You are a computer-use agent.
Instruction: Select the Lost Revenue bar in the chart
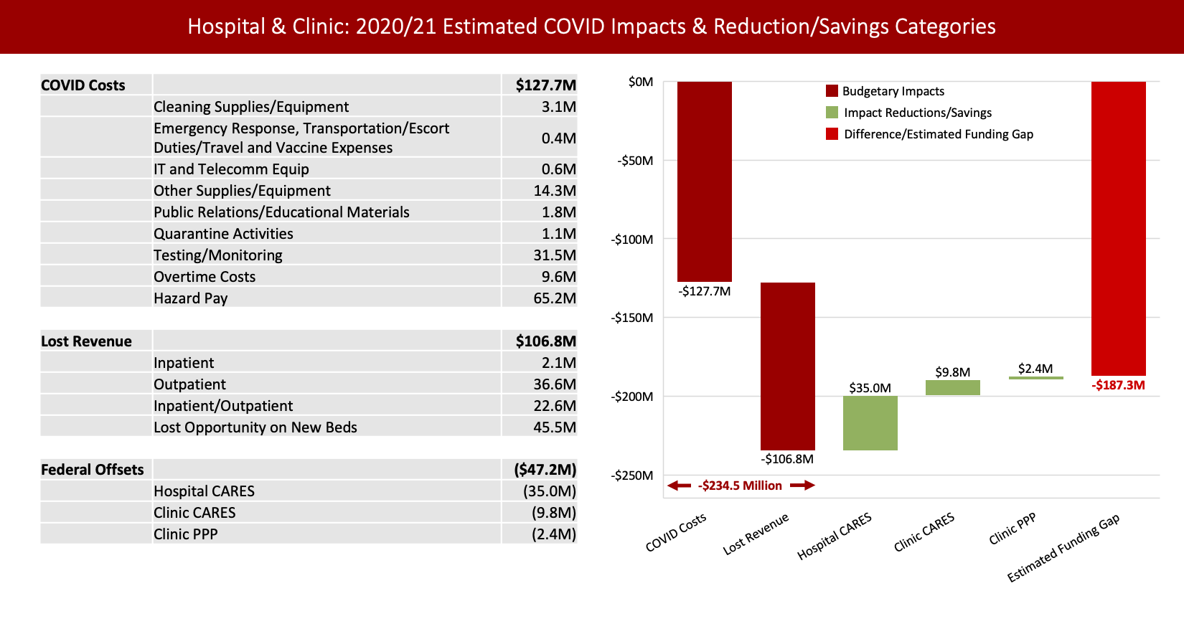coord(787,366)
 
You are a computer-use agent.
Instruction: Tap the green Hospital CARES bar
coord(870,423)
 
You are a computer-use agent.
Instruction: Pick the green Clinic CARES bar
coord(952,387)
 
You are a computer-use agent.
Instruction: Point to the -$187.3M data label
coord(1118,385)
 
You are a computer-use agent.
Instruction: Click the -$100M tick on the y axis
coord(632,239)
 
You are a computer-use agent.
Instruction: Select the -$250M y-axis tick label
coord(632,475)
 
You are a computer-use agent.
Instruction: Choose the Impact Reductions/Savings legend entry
coord(917,113)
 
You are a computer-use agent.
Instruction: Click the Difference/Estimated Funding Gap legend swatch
coord(832,134)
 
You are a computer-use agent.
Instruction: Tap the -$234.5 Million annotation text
coord(740,486)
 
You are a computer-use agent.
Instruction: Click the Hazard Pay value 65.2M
coord(554,298)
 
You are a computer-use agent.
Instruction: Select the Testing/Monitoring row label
coord(217,255)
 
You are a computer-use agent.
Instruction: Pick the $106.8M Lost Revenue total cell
coord(545,341)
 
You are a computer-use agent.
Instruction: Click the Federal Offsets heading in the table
coord(92,470)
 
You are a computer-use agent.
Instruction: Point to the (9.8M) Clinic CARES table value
coord(553,513)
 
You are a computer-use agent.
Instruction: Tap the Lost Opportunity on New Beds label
coord(255,427)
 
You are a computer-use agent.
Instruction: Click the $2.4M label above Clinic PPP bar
coord(1035,369)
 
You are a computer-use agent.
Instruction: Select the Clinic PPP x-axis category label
coord(1012,529)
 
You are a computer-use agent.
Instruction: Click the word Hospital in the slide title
coord(226,27)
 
